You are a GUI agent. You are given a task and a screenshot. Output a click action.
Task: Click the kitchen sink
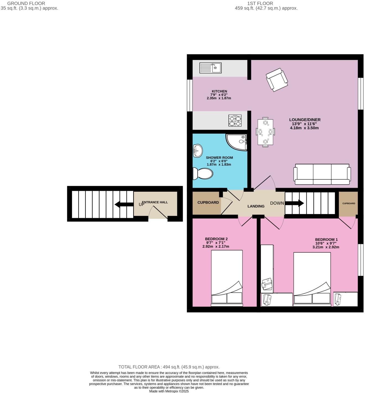click(x=210, y=68)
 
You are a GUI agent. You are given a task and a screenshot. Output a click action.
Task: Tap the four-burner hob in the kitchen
click(x=235, y=121)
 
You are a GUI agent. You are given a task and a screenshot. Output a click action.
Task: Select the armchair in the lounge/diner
click(x=277, y=79)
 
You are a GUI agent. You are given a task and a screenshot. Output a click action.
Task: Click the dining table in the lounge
click(x=265, y=132)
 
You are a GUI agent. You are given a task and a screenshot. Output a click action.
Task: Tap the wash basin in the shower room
click(x=197, y=151)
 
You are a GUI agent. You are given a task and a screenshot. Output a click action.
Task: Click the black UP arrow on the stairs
click(x=124, y=204)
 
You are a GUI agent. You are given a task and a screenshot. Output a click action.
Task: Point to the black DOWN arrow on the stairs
click(x=294, y=203)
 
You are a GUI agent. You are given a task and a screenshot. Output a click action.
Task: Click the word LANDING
click(x=256, y=206)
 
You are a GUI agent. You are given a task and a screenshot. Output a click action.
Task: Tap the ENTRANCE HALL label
click(x=155, y=202)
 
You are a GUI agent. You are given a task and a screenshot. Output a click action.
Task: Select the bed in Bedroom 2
click(x=227, y=278)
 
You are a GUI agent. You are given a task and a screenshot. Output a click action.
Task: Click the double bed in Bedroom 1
click(x=312, y=279)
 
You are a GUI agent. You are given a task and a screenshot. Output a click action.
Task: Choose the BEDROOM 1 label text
click(x=326, y=239)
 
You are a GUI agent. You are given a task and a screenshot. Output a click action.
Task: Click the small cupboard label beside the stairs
click(x=349, y=203)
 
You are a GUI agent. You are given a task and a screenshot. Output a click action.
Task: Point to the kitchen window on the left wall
click(x=189, y=96)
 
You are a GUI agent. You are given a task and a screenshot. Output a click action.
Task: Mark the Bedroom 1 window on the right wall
click(x=361, y=260)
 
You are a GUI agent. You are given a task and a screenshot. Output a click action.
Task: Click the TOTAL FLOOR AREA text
click(x=169, y=367)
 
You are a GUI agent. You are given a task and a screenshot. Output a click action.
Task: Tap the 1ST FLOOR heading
click(x=260, y=4)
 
